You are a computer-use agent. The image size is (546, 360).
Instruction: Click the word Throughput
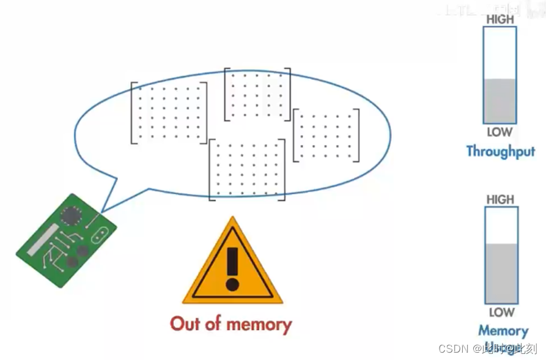coord(500,151)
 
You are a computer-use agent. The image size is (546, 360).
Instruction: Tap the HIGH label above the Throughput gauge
coord(500,20)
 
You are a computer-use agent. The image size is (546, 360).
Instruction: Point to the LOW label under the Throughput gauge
coord(500,132)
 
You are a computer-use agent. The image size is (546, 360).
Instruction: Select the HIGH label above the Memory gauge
coord(500,199)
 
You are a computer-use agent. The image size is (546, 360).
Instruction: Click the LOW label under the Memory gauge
coord(501,312)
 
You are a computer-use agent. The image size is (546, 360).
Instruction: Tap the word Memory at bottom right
coord(503,331)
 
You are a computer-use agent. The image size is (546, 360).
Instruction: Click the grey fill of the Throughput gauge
coord(500,101)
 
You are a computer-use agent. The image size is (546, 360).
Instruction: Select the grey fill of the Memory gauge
coord(501,273)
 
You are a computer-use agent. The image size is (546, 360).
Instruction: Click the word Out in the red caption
coord(186,323)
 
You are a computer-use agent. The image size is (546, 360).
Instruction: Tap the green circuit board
coord(65,240)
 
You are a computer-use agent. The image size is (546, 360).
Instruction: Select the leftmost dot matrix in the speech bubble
coord(169,112)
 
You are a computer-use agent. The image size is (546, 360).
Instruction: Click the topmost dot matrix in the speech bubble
coord(257,94)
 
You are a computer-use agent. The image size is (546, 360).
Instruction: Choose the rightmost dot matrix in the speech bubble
coord(326,135)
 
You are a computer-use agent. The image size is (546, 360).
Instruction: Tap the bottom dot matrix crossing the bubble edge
coord(247,169)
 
